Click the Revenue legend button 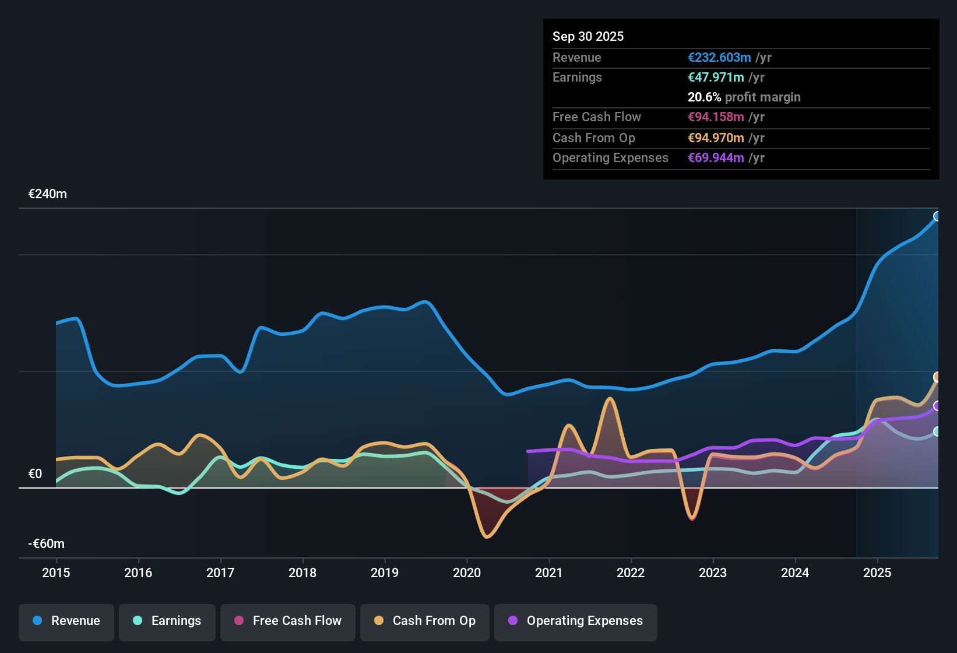(x=66, y=622)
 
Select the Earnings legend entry (x=167, y=622)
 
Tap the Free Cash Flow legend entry (x=288, y=622)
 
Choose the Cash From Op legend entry (x=425, y=622)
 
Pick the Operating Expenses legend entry (x=576, y=622)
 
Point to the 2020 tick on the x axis (x=467, y=573)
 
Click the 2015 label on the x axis (x=56, y=573)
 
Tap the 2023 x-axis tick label (x=713, y=573)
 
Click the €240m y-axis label (x=48, y=194)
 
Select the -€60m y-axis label (x=47, y=544)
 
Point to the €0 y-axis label (x=36, y=474)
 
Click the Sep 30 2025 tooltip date (x=588, y=37)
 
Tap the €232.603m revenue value (x=719, y=58)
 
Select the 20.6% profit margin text (x=744, y=97)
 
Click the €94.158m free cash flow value (x=716, y=117)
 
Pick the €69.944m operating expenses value (x=716, y=158)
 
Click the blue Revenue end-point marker (x=937, y=216)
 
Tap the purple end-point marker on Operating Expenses (x=937, y=406)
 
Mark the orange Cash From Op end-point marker (x=937, y=377)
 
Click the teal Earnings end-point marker (x=937, y=431)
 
